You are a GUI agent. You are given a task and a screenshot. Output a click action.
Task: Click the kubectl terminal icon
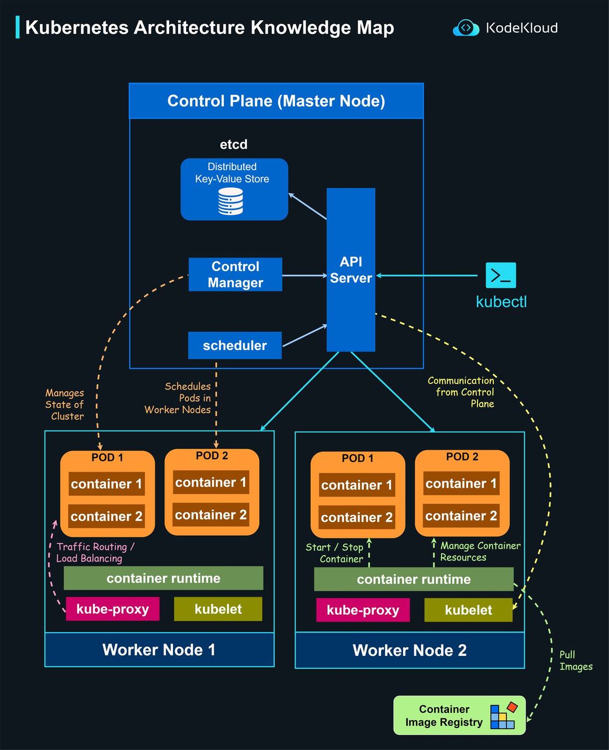pos(501,276)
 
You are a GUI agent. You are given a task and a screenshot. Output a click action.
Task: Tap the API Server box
pos(351,270)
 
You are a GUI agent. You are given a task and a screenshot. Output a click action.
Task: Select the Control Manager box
pos(235,274)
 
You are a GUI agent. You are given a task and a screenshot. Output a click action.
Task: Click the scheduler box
pos(235,345)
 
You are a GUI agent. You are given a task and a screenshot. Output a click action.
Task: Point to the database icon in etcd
pos(231,202)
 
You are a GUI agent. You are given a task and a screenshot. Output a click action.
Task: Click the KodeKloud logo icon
pos(466,28)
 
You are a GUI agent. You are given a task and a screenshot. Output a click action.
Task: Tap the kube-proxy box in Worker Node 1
pos(113,609)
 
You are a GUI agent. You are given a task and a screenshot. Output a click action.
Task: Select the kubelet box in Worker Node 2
pos(468,610)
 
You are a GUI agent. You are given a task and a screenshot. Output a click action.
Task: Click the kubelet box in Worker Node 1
pos(218,609)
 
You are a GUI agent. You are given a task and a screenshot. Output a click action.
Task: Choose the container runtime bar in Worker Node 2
pos(413,579)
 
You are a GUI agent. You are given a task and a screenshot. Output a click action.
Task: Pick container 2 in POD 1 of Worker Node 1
pos(107,516)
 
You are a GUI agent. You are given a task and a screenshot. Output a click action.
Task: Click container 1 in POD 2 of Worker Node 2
pos(461,483)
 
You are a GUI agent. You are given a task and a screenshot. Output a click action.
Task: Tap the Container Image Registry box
pos(459,716)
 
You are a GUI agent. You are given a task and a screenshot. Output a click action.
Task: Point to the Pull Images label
pos(575,660)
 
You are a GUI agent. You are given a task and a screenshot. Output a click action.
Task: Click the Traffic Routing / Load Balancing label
pos(95,552)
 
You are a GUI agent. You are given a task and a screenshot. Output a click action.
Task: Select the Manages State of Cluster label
pos(65,405)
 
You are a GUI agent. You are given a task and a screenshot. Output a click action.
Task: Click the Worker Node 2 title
pos(409,650)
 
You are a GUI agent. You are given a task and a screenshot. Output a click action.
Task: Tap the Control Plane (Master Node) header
pos(276,101)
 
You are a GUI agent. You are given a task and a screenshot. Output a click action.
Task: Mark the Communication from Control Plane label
pos(461,392)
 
